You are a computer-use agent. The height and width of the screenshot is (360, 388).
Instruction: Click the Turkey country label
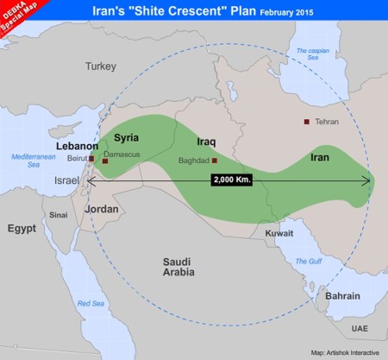[101, 66]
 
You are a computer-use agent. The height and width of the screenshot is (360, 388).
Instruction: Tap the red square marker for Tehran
[307, 122]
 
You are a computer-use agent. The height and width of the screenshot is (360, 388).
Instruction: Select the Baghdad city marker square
[215, 161]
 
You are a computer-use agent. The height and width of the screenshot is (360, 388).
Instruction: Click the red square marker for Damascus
[105, 161]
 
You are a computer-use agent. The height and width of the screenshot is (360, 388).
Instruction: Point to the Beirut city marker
[91, 159]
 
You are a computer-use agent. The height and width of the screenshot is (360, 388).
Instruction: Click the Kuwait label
[279, 233]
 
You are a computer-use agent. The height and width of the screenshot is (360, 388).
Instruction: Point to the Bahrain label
[342, 296]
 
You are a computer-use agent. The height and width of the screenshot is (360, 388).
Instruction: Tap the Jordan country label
[103, 208]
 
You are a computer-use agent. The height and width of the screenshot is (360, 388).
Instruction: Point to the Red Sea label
[91, 303]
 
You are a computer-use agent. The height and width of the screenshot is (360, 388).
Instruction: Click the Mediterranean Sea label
[32, 161]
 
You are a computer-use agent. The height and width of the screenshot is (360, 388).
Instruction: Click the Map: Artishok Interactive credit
[346, 353]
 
